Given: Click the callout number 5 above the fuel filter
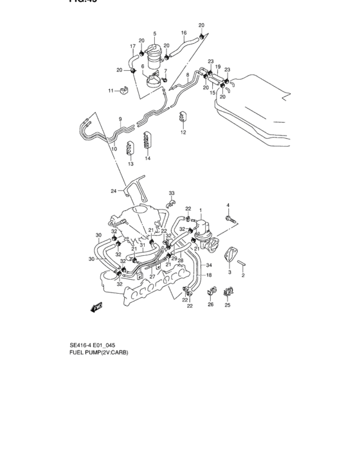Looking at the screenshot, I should click(x=154, y=33).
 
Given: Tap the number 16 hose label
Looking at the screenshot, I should click(x=183, y=33).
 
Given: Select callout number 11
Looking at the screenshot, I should click(x=111, y=91).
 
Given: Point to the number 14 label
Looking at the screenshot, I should click(x=147, y=158).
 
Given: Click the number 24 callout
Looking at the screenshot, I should click(x=113, y=191).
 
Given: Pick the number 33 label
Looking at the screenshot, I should click(x=172, y=194).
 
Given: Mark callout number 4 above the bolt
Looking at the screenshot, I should click(x=228, y=205).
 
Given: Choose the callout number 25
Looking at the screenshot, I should click(x=227, y=305).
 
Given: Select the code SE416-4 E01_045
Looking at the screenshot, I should click(x=93, y=353).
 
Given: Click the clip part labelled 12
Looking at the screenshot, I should click(x=183, y=118).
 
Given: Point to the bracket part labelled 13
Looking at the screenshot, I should click(x=130, y=147).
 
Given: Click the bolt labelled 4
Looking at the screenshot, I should click(x=230, y=220).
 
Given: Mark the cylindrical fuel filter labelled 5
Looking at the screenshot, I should click(x=154, y=55).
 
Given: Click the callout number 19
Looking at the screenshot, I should click(x=217, y=66).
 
